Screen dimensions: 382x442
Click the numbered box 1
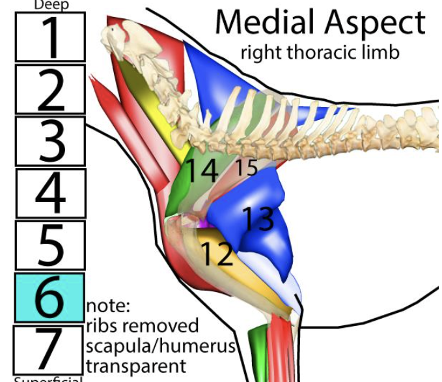[x=50, y=37]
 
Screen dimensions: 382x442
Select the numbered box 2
[x=50, y=89]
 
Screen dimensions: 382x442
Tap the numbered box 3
[x=50, y=141]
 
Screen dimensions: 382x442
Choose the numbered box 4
[x=50, y=193]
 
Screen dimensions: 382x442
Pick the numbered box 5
[x=50, y=245]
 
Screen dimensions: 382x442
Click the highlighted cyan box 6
[x=49, y=297]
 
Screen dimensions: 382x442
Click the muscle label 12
[x=217, y=254]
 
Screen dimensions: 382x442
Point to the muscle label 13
[x=258, y=218]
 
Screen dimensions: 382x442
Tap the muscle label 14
[x=202, y=171]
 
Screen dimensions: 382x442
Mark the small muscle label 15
[x=247, y=168]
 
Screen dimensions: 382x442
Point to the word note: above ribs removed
[x=108, y=305]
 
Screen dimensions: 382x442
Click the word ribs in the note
[x=104, y=325]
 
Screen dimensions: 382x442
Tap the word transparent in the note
[x=135, y=366]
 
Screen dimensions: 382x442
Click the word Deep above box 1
[x=50, y=5]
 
